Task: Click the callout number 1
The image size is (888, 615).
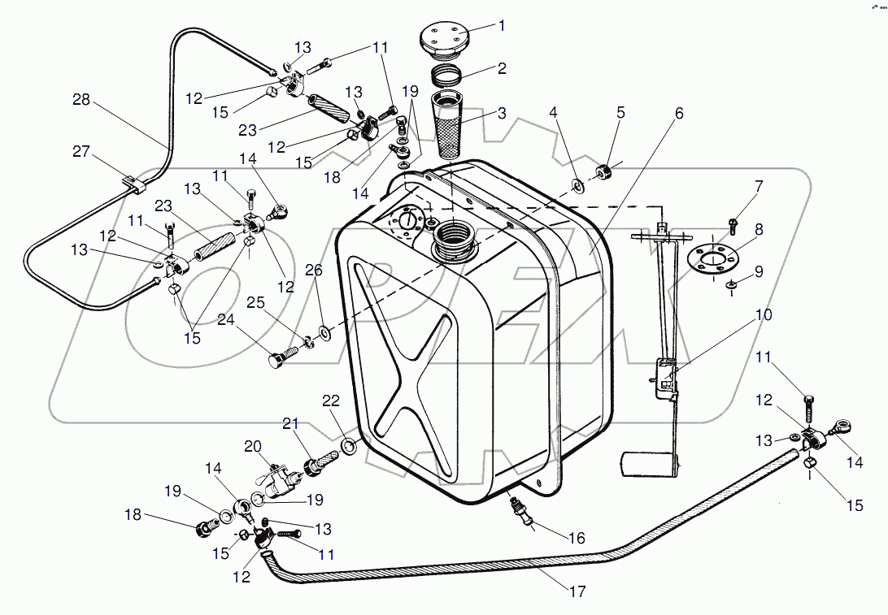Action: click(x=502, y=25)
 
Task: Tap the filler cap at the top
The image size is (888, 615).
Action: click(x=443, y=39)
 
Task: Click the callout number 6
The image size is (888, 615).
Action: click(x=679, y=114)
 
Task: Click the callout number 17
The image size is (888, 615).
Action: click(x=577, y=591)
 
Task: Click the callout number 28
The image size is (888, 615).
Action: click(x=81, y=101)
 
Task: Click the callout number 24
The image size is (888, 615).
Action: click(x=225, y=319)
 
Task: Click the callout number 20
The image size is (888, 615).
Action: click(x=254, y=446)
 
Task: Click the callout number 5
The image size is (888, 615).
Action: click(x=620, y=113)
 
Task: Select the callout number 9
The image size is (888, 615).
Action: click(x=759, y=271)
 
